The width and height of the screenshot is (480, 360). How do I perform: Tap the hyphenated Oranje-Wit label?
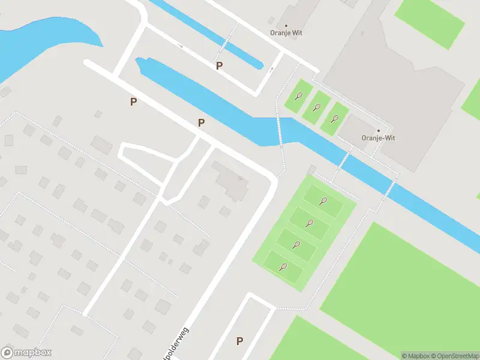point(378,138)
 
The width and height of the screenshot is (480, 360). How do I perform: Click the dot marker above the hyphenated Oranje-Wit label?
point(378,130)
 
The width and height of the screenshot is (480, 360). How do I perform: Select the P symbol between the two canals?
point(219,66)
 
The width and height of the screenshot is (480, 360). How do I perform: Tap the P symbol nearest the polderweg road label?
point(239,341)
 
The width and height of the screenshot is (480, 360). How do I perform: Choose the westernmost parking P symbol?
point(133,102)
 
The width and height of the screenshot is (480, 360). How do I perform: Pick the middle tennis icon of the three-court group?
point(316,107)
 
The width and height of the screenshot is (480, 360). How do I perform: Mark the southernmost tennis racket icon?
point(283,267)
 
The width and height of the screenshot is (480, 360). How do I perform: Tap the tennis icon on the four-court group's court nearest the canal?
point(323,201)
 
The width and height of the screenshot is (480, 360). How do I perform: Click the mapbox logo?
point(26,353)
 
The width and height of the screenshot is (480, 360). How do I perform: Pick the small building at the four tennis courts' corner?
point(311,170)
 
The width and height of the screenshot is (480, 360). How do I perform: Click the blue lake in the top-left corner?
point(36,42)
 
